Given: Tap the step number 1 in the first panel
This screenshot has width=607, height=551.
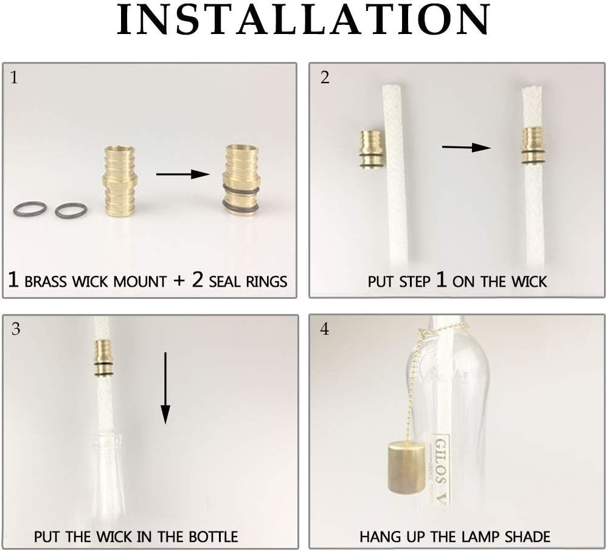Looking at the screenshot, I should pyautogui.click(x=15, y=78).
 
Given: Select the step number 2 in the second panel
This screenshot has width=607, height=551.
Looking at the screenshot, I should pyautogui.click(x=325, y=78).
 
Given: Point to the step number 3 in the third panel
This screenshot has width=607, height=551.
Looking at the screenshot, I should pyautogui.click(x=16, y=329).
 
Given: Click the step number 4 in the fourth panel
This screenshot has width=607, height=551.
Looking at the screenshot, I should pyautogui.click(x=325, y=329).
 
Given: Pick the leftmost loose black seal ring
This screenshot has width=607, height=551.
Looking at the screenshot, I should pyautogui.click(x=30, y=210).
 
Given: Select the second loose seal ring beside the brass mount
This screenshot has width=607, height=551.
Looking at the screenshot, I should pyautogui.click(x=71, y=211).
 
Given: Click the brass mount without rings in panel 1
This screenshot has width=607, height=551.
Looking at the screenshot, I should pyautogui.click(x=120, y=181).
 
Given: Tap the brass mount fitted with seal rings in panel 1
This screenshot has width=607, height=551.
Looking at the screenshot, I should pyautogui.click(x=241, y=179).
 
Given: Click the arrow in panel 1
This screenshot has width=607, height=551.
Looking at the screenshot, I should pyautogui.click(x=182, y=174).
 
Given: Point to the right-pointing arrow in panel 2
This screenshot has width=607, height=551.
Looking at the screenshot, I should pyautogui.click(x=466, y=147).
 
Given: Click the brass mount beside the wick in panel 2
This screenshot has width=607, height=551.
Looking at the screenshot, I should pyautogui.click(x=371, y=149).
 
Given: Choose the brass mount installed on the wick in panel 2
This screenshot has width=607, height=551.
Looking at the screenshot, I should pyautogui.click(x=533, y=146).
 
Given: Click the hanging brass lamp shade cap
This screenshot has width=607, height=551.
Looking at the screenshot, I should pyautogui.click(x=406, y=467).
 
